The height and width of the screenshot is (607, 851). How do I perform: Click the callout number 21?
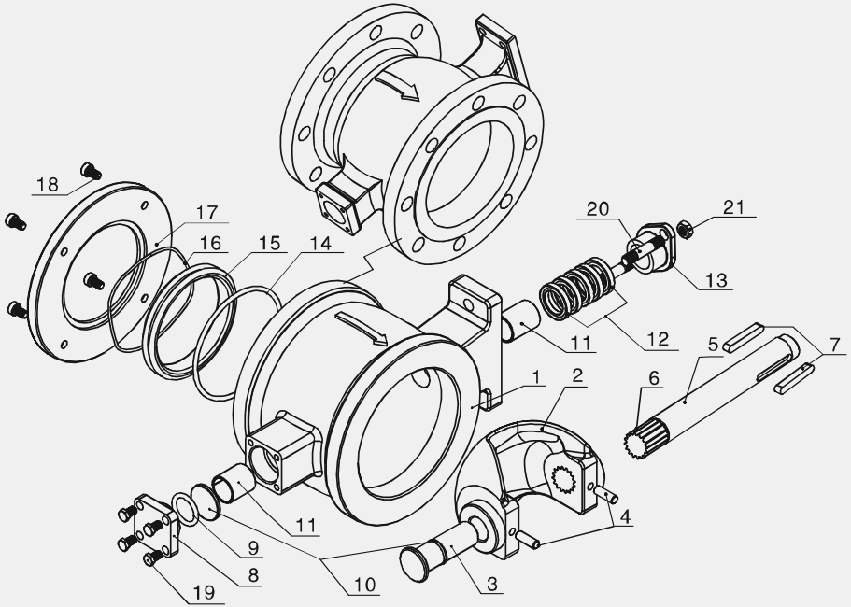[x=734, y=207]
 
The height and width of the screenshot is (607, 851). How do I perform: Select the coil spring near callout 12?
[x=575, y=288]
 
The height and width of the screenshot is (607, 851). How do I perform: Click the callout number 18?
[x=48, y=184]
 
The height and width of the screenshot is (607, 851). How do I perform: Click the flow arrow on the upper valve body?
[x=397, y=86]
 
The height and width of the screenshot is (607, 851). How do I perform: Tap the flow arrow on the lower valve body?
[x=361, y=328]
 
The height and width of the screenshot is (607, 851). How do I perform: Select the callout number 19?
[x=204, y=592]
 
